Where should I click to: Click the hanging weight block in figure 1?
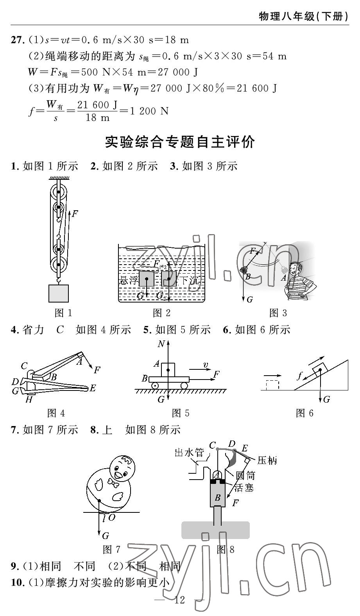click(x=59, y=294)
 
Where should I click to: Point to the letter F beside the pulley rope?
click(x=75, y=214)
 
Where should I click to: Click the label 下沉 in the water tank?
click(x=189, y=280)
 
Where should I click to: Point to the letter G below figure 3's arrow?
click(x=249, y=300)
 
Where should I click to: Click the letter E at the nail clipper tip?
click(x=93, y=388)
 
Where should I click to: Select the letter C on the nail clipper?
click(x=24, y=366)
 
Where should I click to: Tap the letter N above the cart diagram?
click(x=161, y=344)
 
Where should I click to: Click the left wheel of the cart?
click(x=155, y=386)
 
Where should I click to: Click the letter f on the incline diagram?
click(x=300, y=376)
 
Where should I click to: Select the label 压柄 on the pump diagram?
click(x=267, y=460)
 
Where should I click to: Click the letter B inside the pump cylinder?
click(x=218, y=498)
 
